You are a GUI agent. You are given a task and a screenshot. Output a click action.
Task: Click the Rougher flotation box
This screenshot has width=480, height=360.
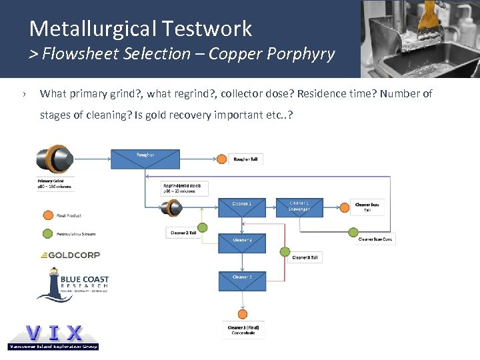tap(145, 159)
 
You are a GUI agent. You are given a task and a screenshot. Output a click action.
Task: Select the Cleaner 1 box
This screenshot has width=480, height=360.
tap(241, 207)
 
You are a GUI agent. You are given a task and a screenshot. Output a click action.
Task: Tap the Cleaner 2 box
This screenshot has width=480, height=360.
tap(241, 243)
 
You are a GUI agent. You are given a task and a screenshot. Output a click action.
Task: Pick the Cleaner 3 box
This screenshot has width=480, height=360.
tap(241, 281)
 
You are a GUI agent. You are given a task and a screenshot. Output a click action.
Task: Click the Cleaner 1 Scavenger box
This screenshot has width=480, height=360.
tap(299, 207)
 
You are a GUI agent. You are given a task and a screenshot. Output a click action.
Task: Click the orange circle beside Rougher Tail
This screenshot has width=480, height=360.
tap(221, 159)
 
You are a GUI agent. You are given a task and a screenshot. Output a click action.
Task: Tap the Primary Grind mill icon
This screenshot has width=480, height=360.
tap(54, 161)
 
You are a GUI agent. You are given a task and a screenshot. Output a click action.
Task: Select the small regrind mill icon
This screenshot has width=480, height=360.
tap(173, 209)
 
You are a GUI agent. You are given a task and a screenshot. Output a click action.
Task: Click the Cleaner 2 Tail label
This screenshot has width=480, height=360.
tap(183, 232)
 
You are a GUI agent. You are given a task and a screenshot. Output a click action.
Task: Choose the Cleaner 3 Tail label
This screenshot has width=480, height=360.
tap(305, 257)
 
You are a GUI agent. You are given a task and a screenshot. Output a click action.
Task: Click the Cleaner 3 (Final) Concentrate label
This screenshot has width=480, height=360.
tap(243, 329)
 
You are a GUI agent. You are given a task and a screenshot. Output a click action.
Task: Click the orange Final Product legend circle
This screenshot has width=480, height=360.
tap(47, 215)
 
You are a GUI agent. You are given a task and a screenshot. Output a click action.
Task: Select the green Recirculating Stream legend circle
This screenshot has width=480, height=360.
tap(47, 233)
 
